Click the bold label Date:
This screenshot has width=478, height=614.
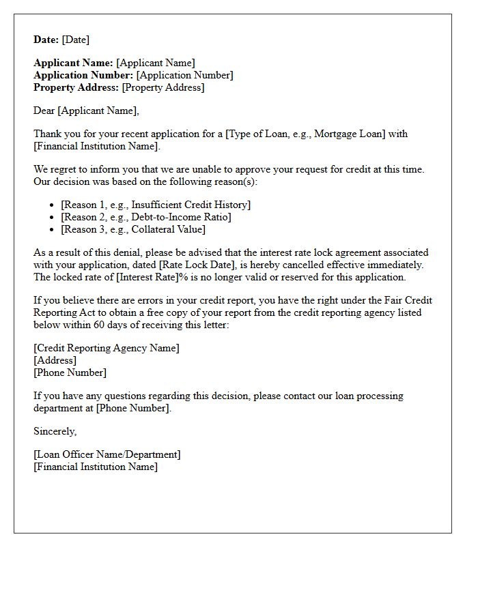pyautogui.click(x=46, y=40)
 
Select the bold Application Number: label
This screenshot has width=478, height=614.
pyautogui.click(x=83, y=75)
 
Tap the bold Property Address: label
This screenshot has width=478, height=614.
pyautogui.click(x=76, y=87)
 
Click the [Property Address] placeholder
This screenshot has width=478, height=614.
pyautogui.click(x=163, y=87)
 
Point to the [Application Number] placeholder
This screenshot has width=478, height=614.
pyautogui.click(x=184, y=75)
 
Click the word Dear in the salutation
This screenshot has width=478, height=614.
pyautogui.click(x=44, y=111)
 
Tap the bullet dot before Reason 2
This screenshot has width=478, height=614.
pyautogui.click(x=53, y=218)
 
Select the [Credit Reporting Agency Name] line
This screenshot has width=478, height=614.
pyautogui.click(x=107, y=348)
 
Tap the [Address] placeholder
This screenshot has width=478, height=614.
pyautogui.click(x=55, y=360)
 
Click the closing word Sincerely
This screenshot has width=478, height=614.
pyautogui.click(x=55, y=431)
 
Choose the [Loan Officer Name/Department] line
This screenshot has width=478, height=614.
pyautogui.click(x=107, y=454)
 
